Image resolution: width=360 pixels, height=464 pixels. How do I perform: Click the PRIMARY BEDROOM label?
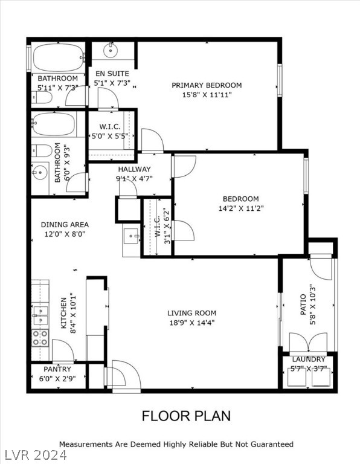(206, 85)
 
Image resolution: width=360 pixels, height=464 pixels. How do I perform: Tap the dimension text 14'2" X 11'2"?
(240, 208)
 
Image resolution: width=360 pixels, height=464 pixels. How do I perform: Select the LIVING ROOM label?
(191, 313)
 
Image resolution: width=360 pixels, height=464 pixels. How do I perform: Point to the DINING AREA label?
(65, 225)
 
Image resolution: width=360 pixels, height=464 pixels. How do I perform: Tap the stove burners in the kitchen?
(40, 337)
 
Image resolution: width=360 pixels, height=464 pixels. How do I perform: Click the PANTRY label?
(57, 369)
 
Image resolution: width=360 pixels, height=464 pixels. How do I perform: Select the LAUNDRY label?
(308, 359)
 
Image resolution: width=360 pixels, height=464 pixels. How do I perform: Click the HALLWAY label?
(135, 169)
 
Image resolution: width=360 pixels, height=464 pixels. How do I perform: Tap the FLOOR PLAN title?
(186, 416)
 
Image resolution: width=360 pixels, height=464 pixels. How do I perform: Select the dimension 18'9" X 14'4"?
(191, 323)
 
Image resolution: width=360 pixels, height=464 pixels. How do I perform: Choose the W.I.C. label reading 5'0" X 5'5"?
(110, 136)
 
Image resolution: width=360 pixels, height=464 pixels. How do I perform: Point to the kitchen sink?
(40, 312)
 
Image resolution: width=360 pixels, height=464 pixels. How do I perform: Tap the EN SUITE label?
(110, 74)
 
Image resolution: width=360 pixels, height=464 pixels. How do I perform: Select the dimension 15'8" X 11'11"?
(206, 95)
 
